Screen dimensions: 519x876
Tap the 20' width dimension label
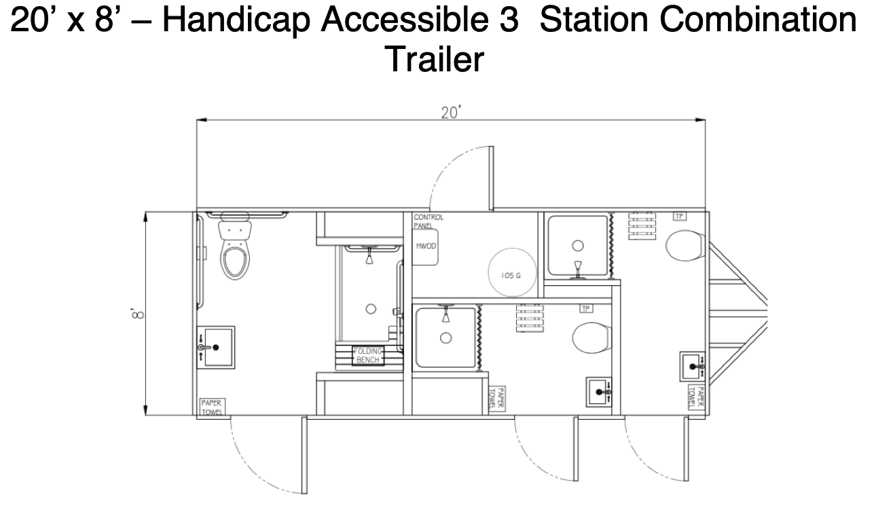[450, 113]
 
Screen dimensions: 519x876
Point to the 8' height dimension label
[138, 313]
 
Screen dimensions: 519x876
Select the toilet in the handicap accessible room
[235, 252]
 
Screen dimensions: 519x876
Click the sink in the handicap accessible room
[216, 347]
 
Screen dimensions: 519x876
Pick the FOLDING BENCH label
[367, 355]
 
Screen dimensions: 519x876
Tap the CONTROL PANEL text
[428, 221]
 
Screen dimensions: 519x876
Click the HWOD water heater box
[426, 247]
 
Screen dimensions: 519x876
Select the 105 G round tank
[513, 273]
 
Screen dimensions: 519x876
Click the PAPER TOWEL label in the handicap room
[213, 407]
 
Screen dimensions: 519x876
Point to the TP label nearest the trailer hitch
[678, 216]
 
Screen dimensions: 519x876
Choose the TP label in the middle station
[585, 308]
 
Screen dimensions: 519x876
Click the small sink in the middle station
[600, 392]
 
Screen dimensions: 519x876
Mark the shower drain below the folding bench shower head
[371, 309]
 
